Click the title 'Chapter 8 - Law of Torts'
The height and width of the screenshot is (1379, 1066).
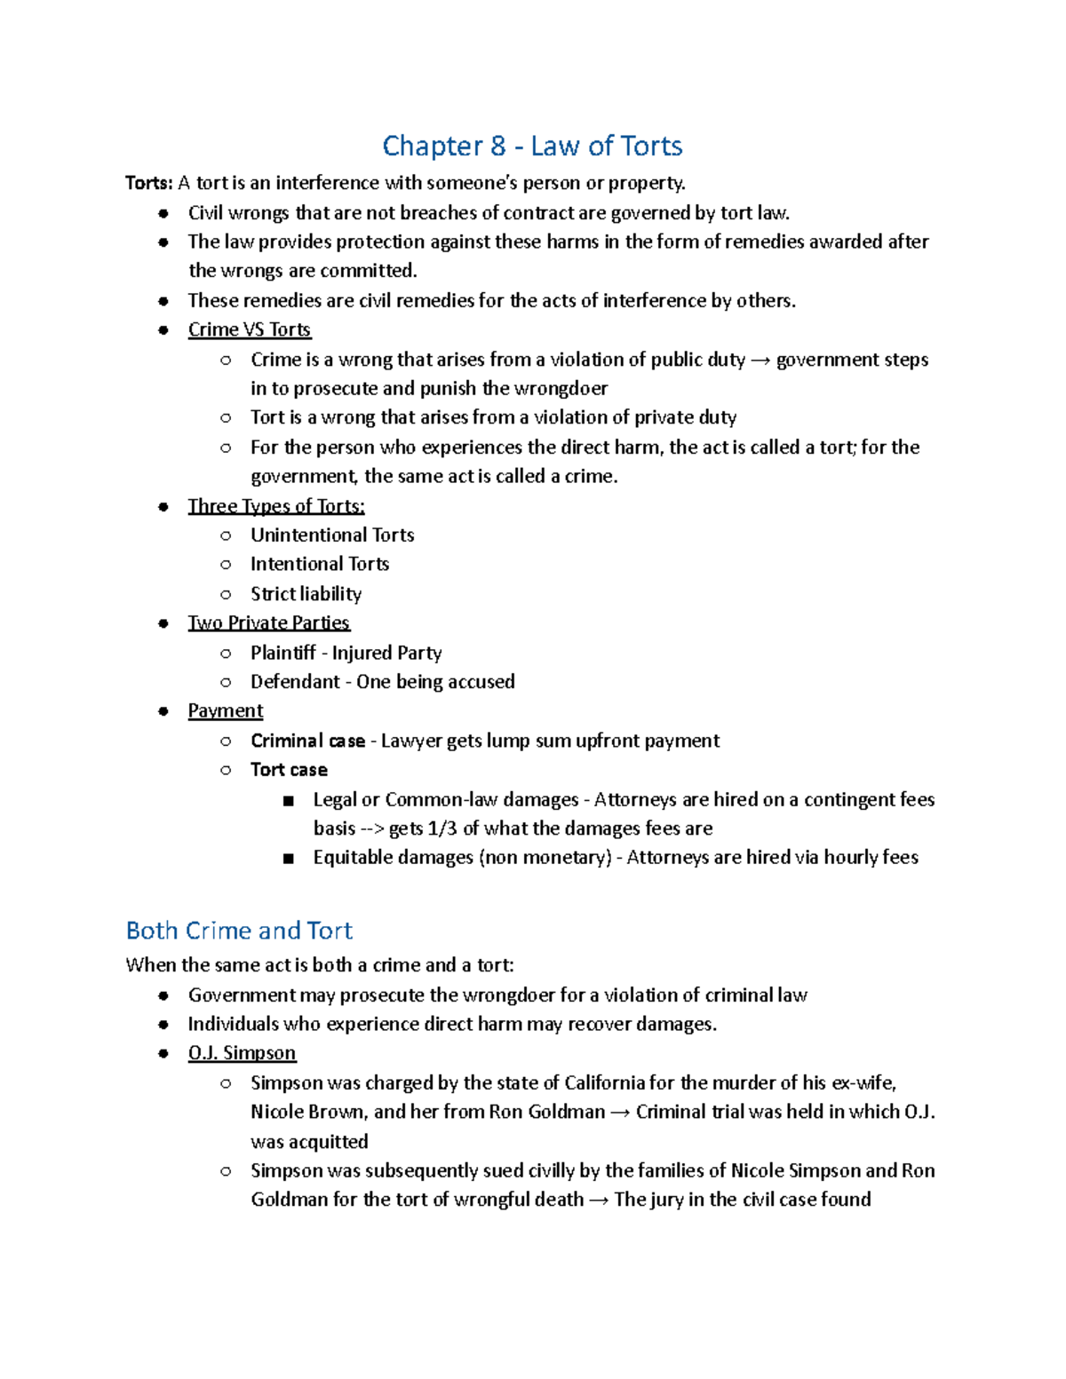[532, 146]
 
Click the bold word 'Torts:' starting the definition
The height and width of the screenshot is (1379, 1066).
[148, 183]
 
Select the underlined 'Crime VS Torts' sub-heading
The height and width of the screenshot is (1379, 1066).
[249, 329]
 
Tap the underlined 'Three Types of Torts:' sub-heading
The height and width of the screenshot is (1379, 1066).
[275, 506]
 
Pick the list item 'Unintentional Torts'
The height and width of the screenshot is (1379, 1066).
[332, 535]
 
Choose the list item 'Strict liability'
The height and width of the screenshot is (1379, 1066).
[306, 593]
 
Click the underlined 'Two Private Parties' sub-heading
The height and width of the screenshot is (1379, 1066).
[268, 622]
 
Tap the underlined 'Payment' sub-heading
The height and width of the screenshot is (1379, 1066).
[225, 711]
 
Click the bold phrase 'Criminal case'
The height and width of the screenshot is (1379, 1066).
[307, 741]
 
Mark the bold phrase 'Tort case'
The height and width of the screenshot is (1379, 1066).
[289, 770]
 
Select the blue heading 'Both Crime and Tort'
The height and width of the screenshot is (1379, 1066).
[239, 931]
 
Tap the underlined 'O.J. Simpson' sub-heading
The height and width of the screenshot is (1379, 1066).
[242, 1053]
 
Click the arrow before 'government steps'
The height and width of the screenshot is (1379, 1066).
[760, 360]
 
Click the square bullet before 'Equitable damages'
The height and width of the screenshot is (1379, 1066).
[288, 859]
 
